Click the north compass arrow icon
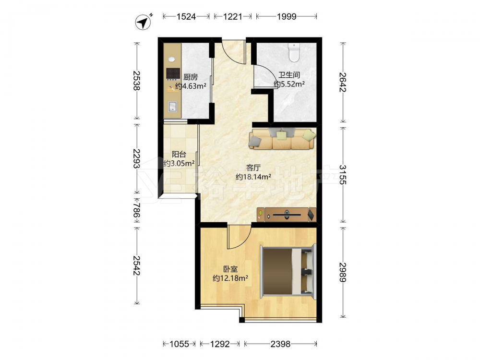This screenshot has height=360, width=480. tap(143, 22)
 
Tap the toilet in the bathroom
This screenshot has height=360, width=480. tap(294, 52)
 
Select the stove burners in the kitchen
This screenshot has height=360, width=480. tap(173, 73)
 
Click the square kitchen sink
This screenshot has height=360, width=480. tap(172, 107)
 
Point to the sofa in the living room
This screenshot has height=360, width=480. tap(282, 139)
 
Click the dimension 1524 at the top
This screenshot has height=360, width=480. tap(186, 16)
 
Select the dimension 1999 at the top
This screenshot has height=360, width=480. tap(287, 16)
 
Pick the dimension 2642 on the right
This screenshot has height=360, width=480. tap(343, 82)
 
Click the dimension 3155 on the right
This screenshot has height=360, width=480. tap(343, 175)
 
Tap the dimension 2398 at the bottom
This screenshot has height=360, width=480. tap(280, 344)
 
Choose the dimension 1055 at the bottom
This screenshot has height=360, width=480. tap(180, 344)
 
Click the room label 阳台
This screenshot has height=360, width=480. tap(179, 154)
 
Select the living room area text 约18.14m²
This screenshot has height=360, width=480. tap(253, 177)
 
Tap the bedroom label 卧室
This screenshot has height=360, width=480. tap(230, 269)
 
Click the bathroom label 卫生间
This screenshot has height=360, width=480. tap(289, 75)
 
